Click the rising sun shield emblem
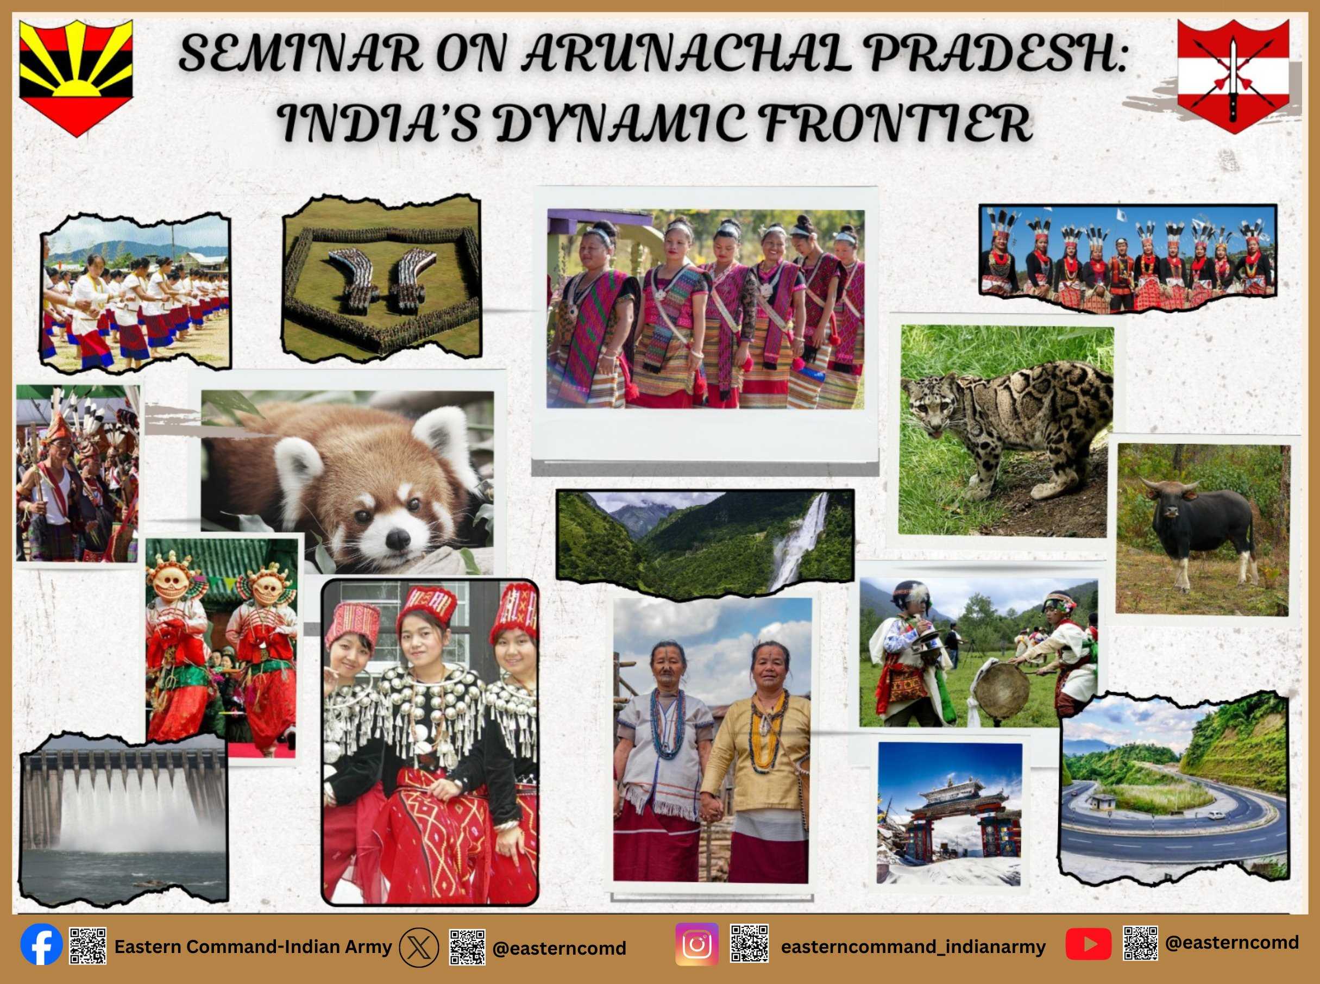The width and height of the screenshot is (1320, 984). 76,78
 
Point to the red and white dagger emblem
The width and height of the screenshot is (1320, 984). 1233,76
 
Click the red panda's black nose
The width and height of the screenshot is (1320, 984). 398,538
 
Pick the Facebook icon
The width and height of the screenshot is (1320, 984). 41,946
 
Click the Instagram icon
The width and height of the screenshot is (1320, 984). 696,944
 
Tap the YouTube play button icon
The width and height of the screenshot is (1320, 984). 1089,944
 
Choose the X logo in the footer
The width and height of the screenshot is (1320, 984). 419,947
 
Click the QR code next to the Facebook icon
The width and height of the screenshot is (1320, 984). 88,945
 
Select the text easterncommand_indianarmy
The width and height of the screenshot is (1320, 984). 913,947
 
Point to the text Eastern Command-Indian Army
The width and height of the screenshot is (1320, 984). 253,947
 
